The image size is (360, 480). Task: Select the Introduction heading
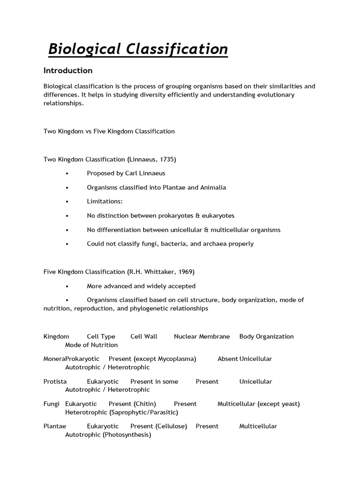68,71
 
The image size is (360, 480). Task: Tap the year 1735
166,159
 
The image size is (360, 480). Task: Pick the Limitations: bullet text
105,202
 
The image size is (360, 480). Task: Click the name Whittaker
159,272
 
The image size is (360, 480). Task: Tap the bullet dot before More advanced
68,286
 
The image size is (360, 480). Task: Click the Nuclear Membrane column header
202,337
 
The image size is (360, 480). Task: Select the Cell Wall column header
144,337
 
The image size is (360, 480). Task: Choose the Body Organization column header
266,337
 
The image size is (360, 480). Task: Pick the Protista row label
55,382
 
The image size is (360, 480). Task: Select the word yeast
289,404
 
